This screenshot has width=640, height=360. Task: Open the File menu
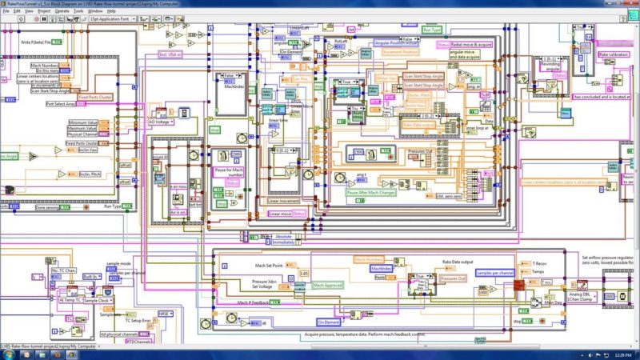(6, 11)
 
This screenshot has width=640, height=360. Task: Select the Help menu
(112, 11)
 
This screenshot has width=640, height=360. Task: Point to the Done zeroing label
(52, 207)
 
